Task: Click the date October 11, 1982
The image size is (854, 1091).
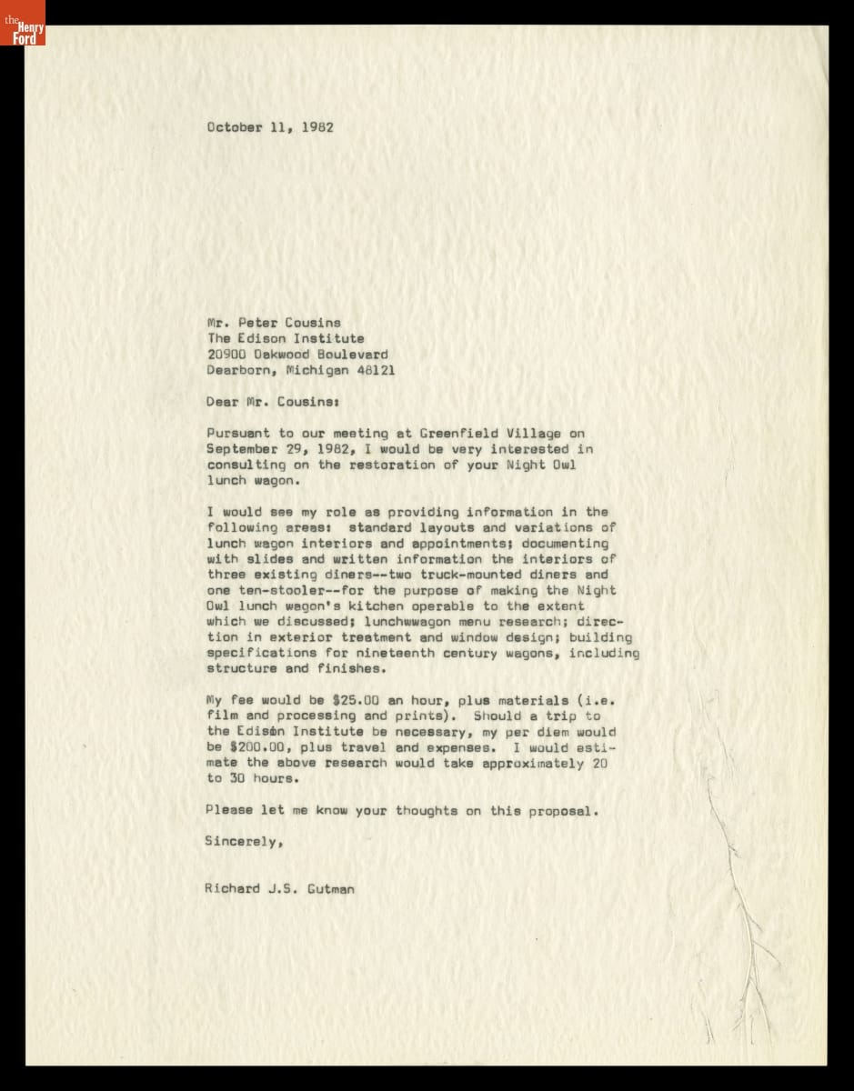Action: point(269,127)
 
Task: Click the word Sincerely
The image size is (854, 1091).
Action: point(243,841)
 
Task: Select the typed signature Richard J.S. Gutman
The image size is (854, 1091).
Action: point(280,888)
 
